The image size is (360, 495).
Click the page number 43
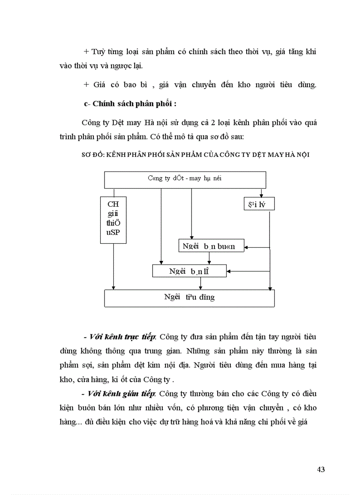[x=321, y=469]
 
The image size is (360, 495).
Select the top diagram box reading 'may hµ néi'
[x=185, y=179]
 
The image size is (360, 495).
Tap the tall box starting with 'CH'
[x=113, y=220]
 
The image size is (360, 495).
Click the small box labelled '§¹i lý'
[x=259, y=204]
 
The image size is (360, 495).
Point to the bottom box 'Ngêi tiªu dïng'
[x=189, y=298]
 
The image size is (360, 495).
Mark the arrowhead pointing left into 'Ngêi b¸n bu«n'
[x=247, y=247]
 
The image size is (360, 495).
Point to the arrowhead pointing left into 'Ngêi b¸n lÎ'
[x=229, y=272]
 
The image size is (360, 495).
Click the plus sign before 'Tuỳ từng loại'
[x=86, y=52]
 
